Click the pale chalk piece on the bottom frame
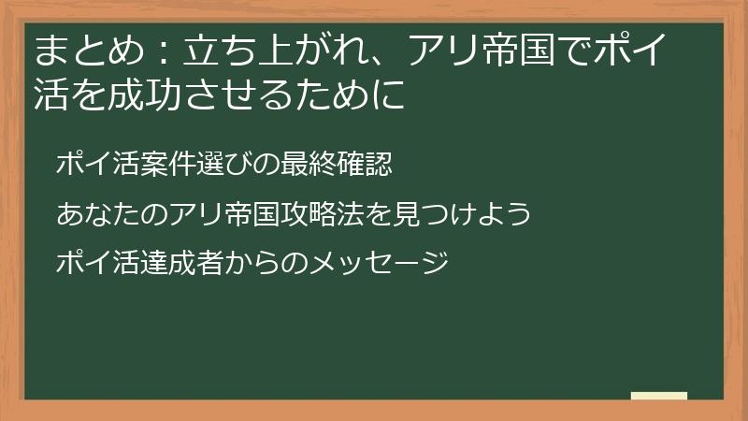[x=659, y=396]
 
